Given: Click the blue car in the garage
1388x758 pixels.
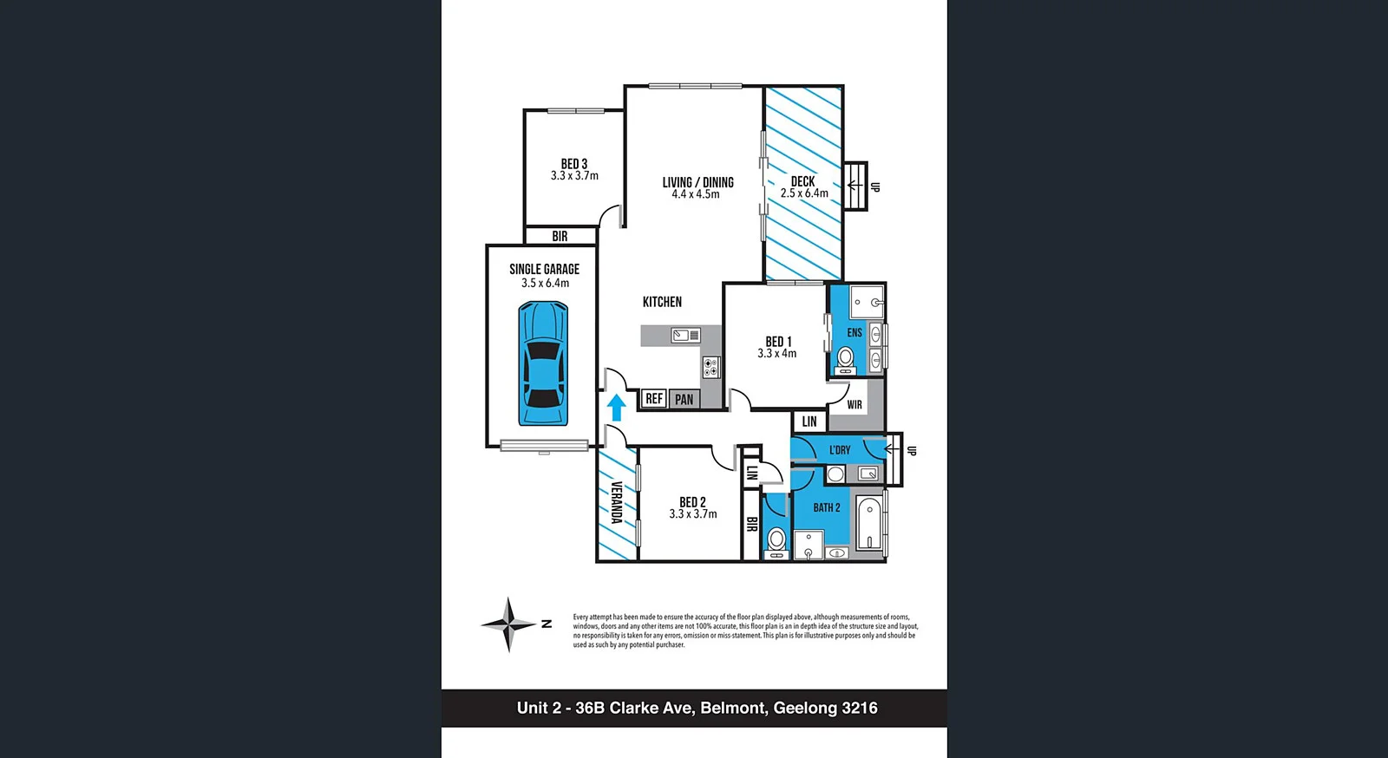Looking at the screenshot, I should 543,363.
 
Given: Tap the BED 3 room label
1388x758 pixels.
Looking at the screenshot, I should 574,164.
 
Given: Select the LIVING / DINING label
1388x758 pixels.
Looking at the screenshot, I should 697,182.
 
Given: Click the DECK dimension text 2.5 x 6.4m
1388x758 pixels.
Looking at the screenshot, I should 804,193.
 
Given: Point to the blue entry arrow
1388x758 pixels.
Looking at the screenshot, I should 616,408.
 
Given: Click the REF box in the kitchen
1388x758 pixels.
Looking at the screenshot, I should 654,399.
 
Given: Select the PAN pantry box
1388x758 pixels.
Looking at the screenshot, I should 684,399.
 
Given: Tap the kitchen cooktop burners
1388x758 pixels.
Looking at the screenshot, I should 711,367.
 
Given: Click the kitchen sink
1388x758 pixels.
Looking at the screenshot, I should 685,335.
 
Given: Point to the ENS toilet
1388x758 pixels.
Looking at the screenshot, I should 846,359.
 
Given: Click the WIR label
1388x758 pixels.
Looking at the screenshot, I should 854,405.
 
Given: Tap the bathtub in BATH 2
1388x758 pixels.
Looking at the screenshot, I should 869,522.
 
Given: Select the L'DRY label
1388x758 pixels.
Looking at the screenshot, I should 840,450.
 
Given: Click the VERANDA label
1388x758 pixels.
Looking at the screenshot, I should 616,502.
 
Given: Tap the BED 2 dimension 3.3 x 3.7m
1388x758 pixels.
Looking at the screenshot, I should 693,514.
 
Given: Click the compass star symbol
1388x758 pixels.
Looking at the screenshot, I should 509,624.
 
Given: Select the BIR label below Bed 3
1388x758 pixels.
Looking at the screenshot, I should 560,236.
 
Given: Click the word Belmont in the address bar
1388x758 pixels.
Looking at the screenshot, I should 733,708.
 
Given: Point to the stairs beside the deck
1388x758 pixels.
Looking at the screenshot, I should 856,186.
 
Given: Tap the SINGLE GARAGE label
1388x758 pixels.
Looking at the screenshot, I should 544,269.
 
